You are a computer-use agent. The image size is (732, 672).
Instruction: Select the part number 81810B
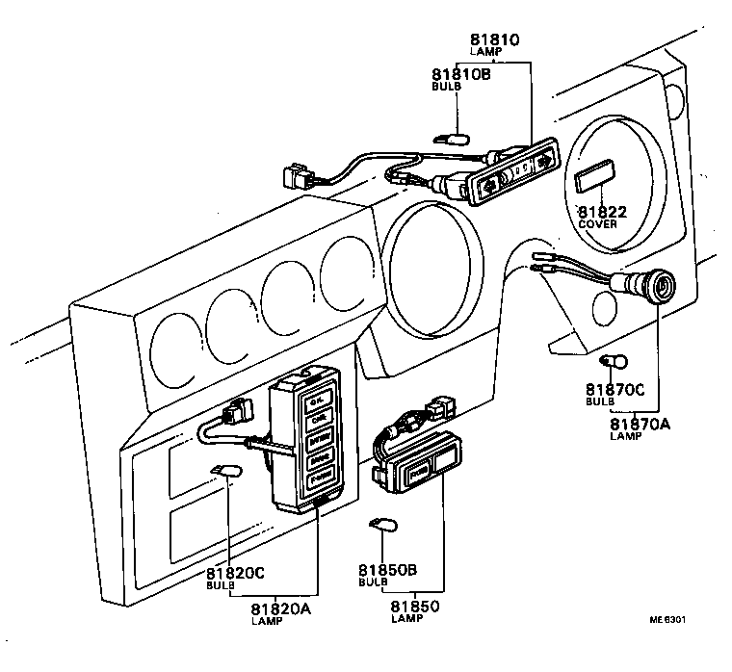pyautogui.click(x=460, y=74)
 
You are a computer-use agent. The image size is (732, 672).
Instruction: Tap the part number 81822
pyautogui.click(x=602, y=212)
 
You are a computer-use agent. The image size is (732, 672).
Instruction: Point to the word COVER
pyautogui.click(x=598, y=224)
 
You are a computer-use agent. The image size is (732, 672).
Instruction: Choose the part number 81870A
pyautogui.click(x=640, y=424)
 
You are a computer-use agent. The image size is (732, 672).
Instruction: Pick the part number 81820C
pyautogui.click(x=236, y=573)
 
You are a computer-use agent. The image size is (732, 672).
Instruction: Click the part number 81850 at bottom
pyautogui.click(x=416, y=606)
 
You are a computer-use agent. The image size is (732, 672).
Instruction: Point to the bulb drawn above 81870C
pyautogui.click(x=614, y=362)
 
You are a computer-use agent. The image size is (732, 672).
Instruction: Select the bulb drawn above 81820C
pyautogui.click(x=227, y=472)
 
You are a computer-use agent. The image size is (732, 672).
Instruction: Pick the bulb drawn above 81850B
pyautogui.click(x=383, y=526)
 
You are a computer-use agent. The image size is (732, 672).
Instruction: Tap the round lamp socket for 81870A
pyautogui.click(x=659, y=286)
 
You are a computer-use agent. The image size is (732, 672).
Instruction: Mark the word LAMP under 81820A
pyautogui.click(x=266, y=621)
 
